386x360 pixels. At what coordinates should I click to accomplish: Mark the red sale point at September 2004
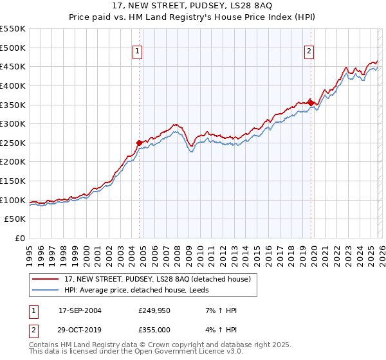click(140, 143)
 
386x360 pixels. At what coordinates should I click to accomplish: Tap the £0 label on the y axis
click(19, 238)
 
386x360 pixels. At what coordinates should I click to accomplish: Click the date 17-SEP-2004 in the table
click(80, 310)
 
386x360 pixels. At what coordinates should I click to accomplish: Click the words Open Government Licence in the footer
click(177, 352)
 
